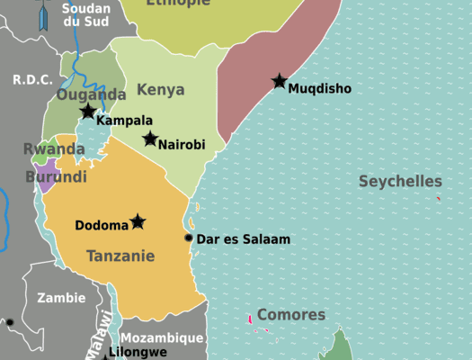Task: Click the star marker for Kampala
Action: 87,112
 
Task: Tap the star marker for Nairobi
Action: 150,139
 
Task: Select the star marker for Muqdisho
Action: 280,81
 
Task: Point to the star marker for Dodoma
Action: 138,221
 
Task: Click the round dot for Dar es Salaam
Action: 189,238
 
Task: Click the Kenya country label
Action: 161,90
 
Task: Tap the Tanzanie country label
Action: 120,256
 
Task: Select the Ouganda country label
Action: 91,94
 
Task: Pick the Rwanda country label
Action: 54,148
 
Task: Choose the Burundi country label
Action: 56,176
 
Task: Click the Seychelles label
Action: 400,181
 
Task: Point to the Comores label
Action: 291,315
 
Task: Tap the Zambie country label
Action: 61,297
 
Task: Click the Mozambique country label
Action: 162,338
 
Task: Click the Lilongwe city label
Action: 138,352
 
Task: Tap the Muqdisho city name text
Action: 319,88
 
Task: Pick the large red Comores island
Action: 250,319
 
